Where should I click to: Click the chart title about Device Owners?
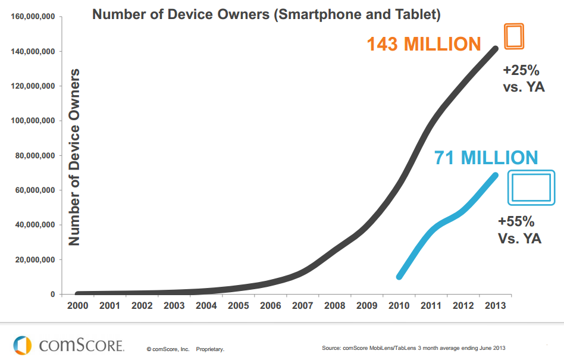(x=266, y=14)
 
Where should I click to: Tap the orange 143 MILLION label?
(x=424, y=45)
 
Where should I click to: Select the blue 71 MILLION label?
(x=486, y=158)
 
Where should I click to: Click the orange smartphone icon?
(x=514, y=36)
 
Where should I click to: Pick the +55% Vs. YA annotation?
(x=519, y=231)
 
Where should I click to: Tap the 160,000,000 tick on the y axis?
(x=33, y=17)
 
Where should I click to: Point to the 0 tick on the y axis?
(x=52, y=295)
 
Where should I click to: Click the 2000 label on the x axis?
(x=78, y=306)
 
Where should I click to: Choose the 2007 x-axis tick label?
(x=302, y=306)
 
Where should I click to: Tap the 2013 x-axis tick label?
(x=495, y=306)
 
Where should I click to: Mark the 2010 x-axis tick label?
(x=399, y=306)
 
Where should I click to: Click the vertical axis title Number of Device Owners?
(x=74, y=157)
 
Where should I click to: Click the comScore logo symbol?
(x=22, y=345)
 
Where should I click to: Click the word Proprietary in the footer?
(x=210, y=349)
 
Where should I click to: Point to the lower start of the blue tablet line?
(x=400, y=276)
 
